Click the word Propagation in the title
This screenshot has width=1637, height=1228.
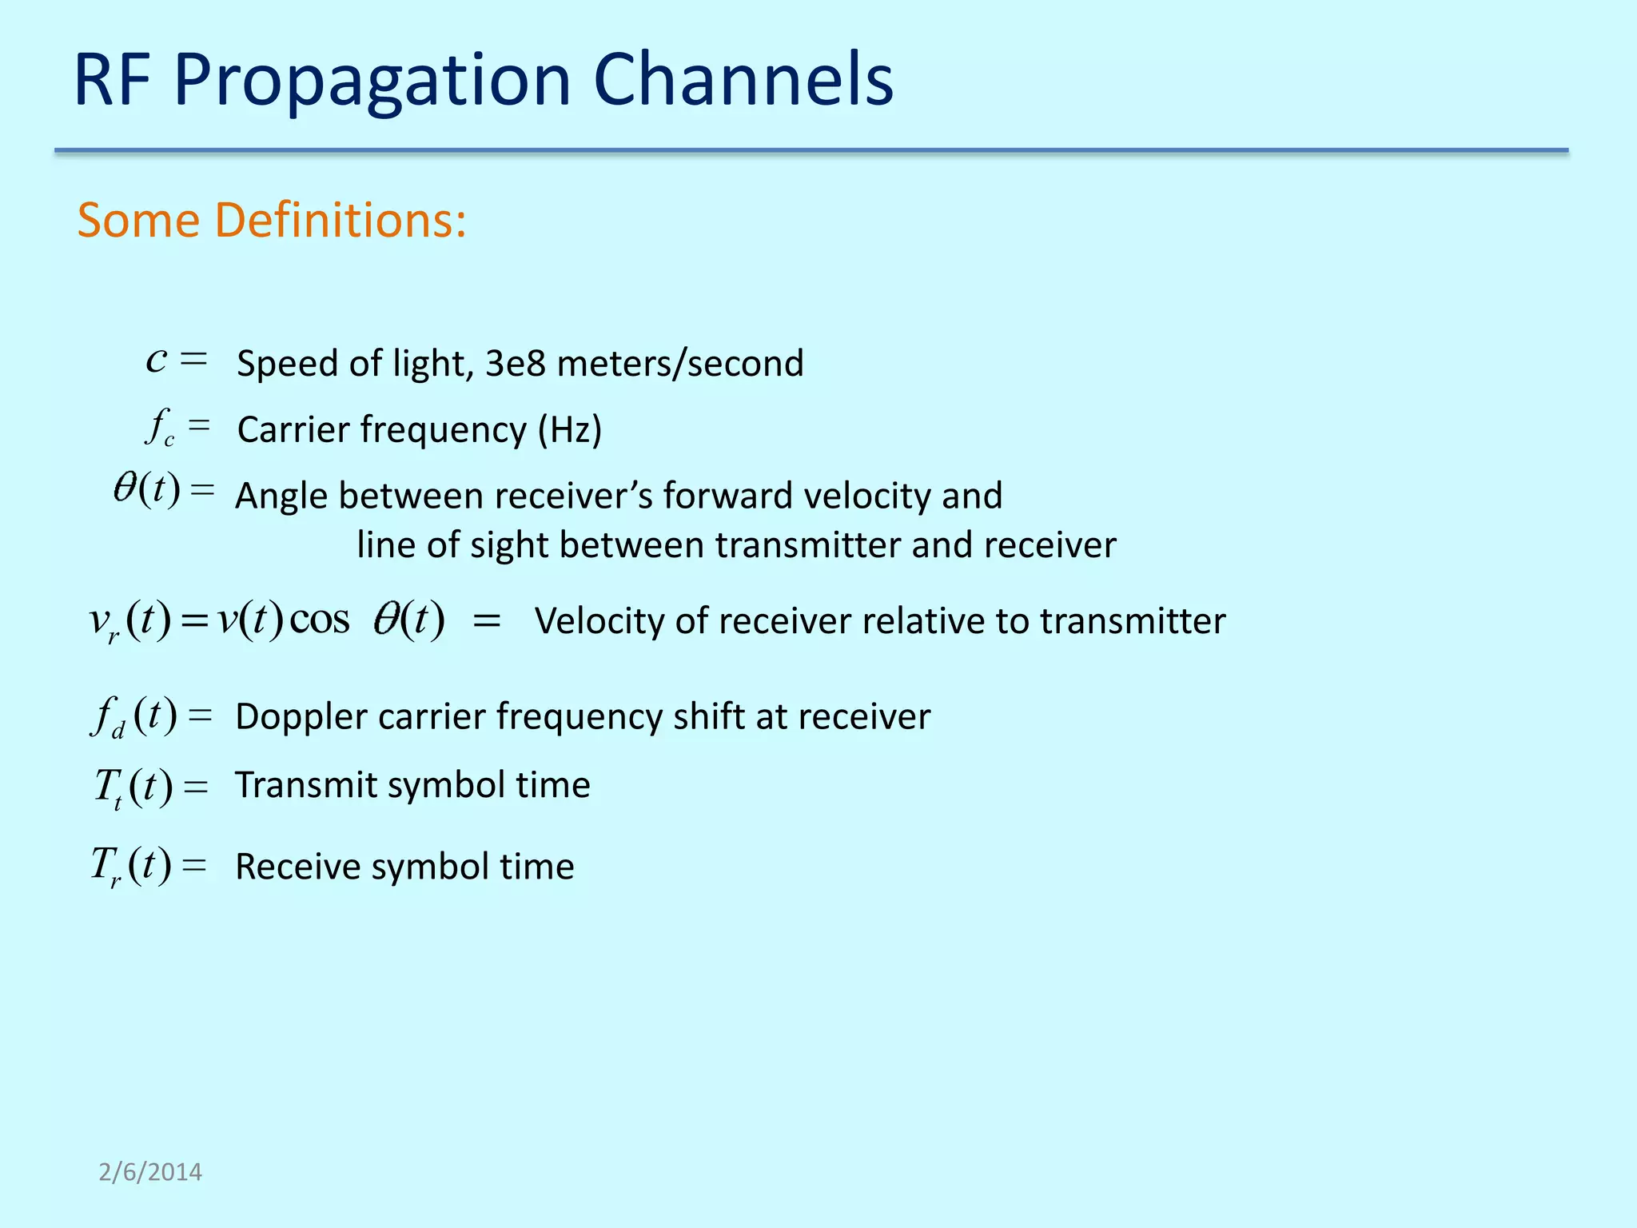[372, 80]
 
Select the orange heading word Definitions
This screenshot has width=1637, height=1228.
[341, 220]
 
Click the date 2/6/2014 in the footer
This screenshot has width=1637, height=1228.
[150, 1172]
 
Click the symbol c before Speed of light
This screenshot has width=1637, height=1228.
[157, 360]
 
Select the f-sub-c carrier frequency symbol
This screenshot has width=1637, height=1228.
[160, 427]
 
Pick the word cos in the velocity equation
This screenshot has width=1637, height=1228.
[319, 620]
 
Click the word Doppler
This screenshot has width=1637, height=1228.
[300, 717]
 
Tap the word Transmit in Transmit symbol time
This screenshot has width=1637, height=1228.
[305, 784]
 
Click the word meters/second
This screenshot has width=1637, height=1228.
[679, 364]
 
